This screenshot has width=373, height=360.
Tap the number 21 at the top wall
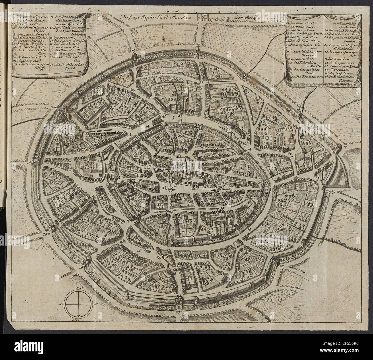coord(133,50)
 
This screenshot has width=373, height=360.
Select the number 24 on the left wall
coord(36,163)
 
